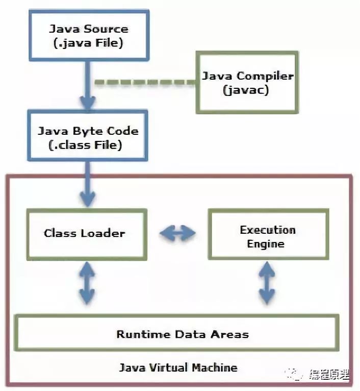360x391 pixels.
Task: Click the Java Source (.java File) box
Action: tap(88, 36)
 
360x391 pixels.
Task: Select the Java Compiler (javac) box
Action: tap(247, 83)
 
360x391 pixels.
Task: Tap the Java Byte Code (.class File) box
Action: tap(88, 138)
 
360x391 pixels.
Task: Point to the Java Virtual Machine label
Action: tap(178, 368)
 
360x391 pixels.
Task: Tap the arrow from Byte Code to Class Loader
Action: tap(87, 184)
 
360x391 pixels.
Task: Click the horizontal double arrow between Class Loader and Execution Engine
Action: tap(177, 234)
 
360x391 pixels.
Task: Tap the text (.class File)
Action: tap(88, 145)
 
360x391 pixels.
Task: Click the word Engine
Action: tap(266, 244)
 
